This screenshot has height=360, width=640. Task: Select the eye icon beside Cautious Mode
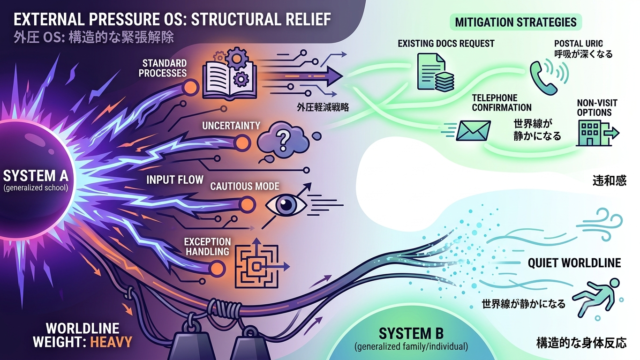[286, 205]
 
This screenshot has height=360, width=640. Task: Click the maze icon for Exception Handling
[257, 266]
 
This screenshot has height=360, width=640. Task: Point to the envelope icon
[473, 131]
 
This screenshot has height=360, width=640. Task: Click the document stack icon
[435, 73]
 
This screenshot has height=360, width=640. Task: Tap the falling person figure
[597, 297]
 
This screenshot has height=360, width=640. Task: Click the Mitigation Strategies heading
[516, 22]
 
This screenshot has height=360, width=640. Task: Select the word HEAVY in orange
[111, 342]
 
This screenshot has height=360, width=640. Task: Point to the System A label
[36, 176]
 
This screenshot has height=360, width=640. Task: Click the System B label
[411, 333]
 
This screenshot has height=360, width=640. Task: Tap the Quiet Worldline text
[574, 263]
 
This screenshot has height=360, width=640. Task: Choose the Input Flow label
[175, 180]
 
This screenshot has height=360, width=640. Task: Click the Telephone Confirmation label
[502, 102]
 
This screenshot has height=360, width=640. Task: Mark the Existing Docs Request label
[446, 43]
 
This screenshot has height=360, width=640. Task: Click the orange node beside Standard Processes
[190, 87]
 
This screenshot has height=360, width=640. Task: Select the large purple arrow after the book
[305, 76]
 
